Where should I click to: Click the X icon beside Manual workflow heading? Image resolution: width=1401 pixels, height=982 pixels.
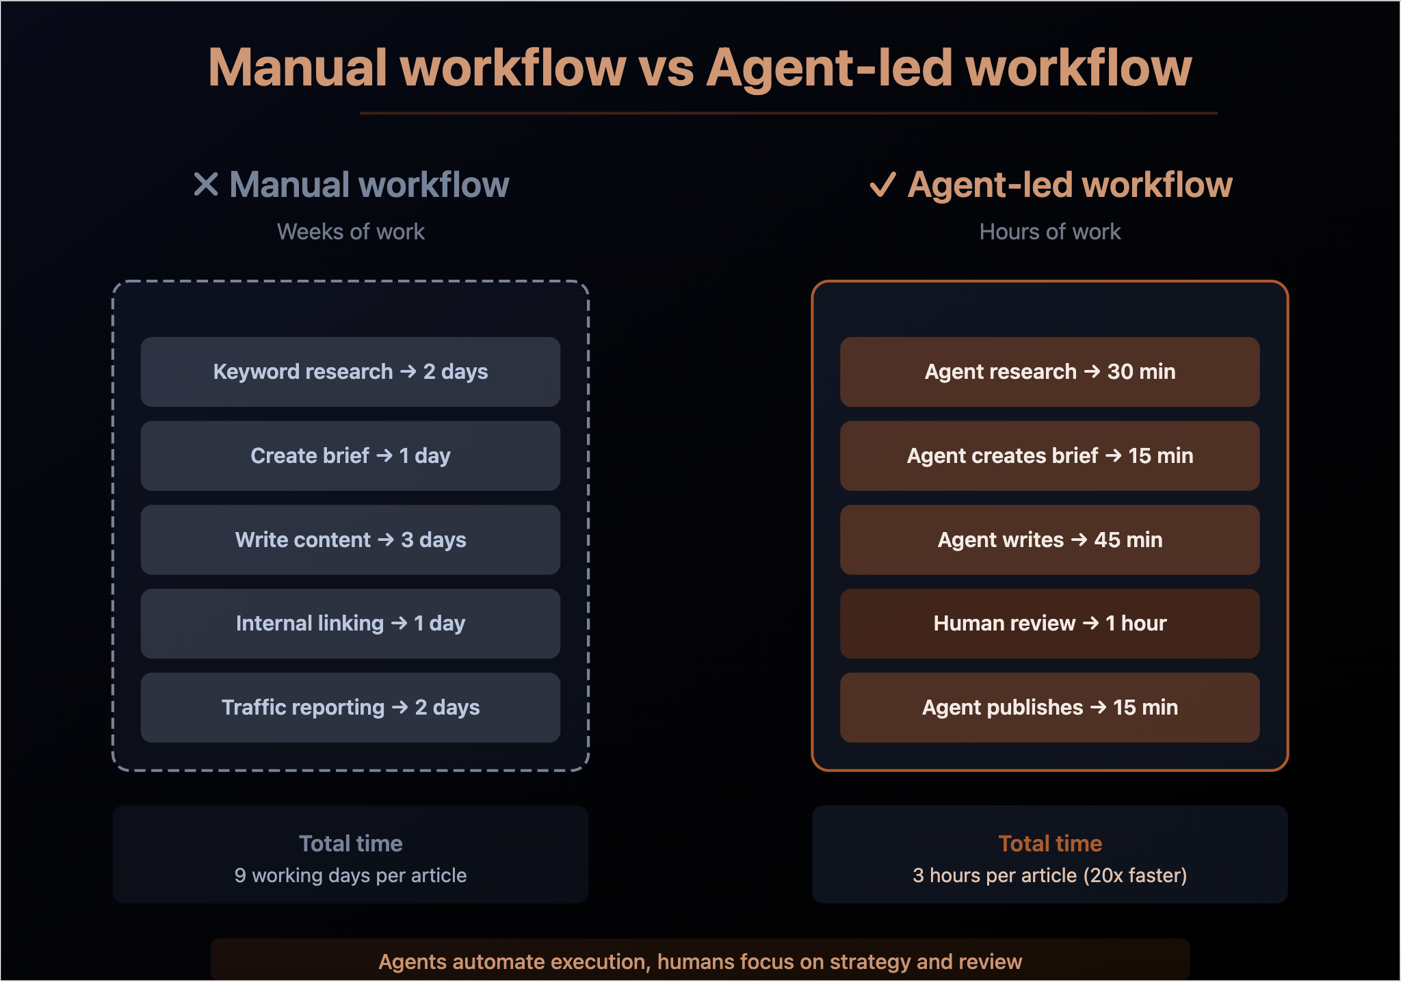(x=206, y=184)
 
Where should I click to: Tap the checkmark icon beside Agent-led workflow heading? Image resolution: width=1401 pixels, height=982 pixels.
(x=882, y=185)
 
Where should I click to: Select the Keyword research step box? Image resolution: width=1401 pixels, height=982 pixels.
(x=350, y=372)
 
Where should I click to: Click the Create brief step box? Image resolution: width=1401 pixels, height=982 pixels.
(x=350, y=456)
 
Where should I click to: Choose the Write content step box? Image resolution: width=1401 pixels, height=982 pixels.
(x=350, y=540)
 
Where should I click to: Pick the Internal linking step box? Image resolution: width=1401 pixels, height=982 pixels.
(x=350, y=624)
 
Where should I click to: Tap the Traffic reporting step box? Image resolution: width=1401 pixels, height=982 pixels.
(x=350, y=708)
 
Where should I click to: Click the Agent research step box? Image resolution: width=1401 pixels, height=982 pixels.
(x=1050, y=372)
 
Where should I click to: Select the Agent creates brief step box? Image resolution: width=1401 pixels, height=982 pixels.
(x=1050, y=456)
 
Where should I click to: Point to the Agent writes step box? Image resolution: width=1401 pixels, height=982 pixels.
(x=1050, y=540)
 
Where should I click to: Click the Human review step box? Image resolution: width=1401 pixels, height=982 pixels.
(x=1050, y=624)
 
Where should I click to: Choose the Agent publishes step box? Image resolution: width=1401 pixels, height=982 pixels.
(x=1050, y=708)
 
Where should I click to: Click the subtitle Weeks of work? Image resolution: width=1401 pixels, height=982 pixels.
(x=351, y=232)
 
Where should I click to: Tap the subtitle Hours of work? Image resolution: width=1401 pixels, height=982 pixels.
(x=1050, y=232)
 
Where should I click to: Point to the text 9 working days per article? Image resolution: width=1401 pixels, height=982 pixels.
(x=351, y=876)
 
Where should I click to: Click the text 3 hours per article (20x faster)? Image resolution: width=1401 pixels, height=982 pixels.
(x=1050, y=876)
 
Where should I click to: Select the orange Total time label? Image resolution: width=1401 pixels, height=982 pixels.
(x=1050, y=844)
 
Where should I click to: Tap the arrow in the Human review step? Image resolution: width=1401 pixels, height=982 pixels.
(x=1091, y=624)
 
